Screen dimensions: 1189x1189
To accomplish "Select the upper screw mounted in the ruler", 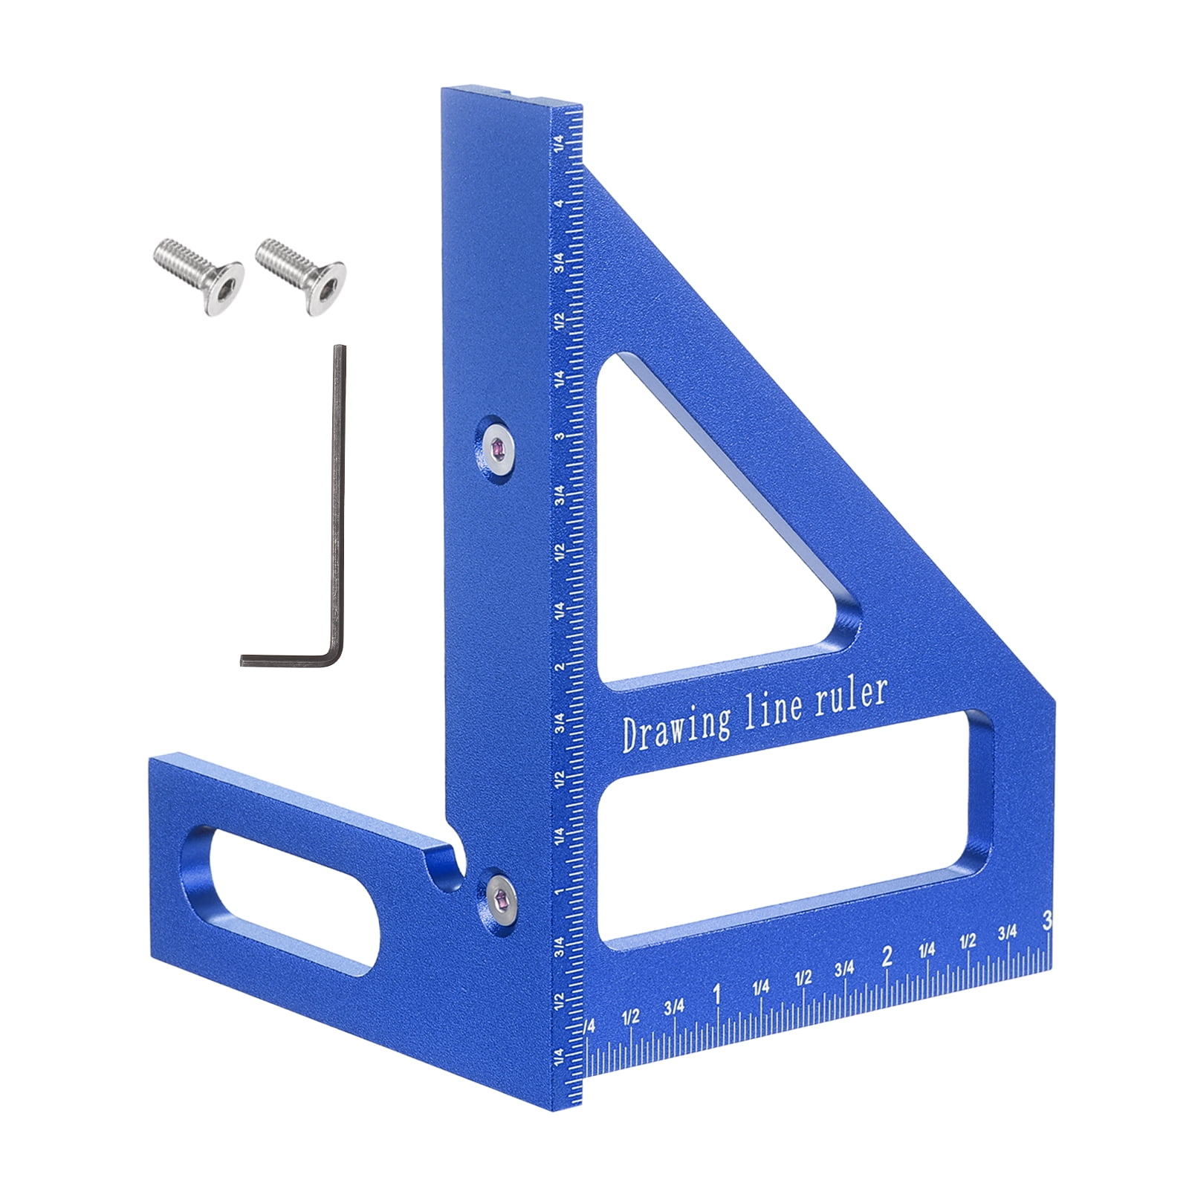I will [x=498, y=448].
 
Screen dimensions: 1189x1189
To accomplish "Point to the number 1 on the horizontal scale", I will [x=716, y=994].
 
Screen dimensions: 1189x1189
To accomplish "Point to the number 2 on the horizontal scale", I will [x=886, y=957].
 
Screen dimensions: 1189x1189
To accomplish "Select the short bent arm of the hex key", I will [x=290, y=658].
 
